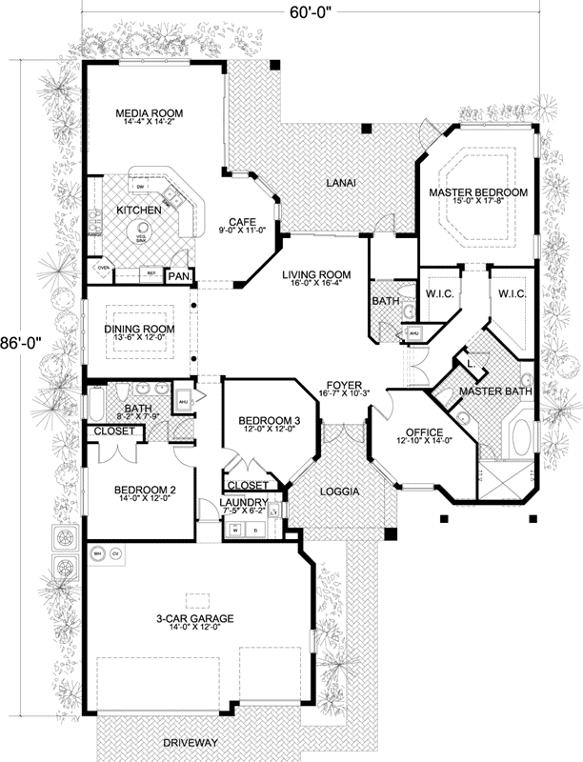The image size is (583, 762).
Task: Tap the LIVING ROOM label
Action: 315,275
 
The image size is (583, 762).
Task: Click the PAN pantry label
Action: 178,277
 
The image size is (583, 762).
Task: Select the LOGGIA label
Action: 338,491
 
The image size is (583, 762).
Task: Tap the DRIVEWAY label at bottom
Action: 190,742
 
